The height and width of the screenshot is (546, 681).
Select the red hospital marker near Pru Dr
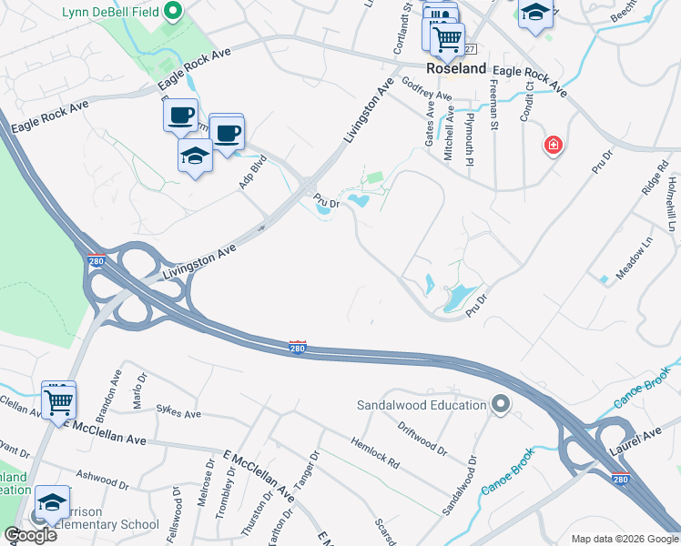[x=553, y=145]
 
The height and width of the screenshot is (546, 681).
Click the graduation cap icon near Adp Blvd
[x=195, y=157]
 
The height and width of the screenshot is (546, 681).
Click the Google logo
[x=30, y=535]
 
